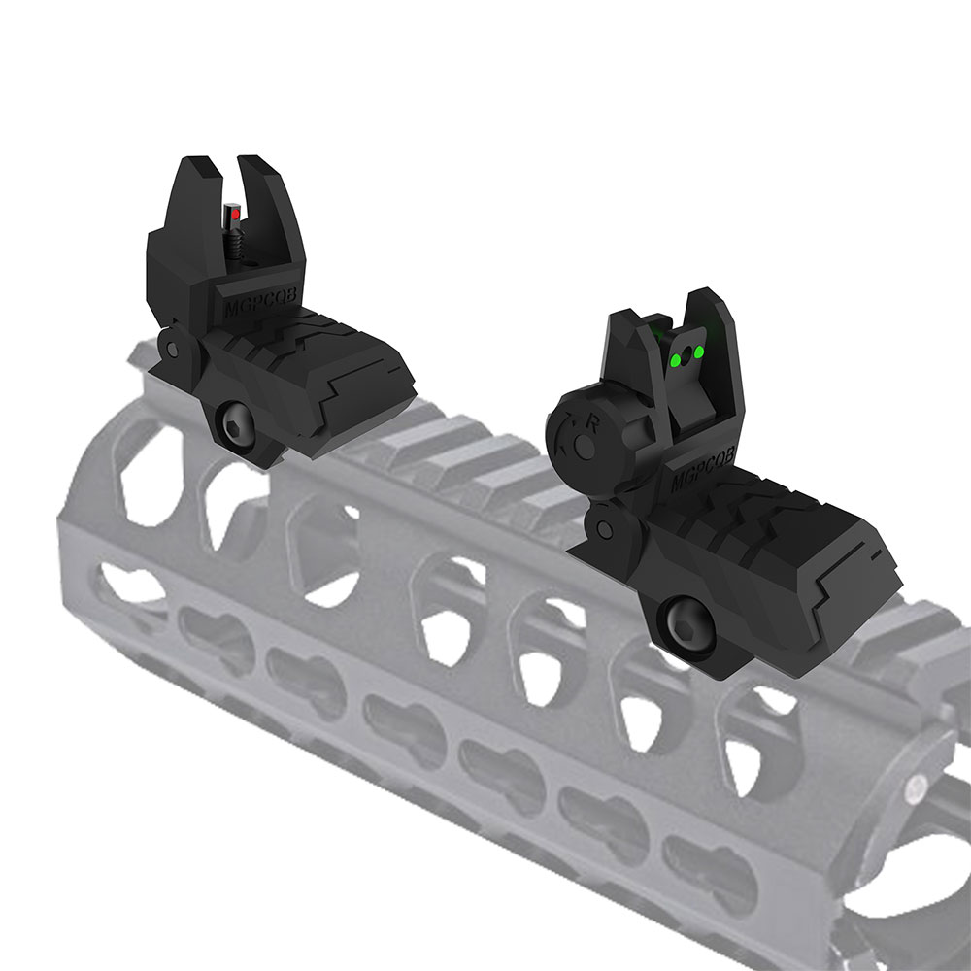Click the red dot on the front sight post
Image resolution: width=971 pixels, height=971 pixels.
point(233,211)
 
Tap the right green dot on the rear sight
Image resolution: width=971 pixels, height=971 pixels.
point(698,351)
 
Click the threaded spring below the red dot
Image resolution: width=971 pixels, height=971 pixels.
point(236,243)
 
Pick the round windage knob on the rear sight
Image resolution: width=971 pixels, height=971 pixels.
point(583,435)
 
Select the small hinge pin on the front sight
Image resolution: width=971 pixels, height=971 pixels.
point(171,347)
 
